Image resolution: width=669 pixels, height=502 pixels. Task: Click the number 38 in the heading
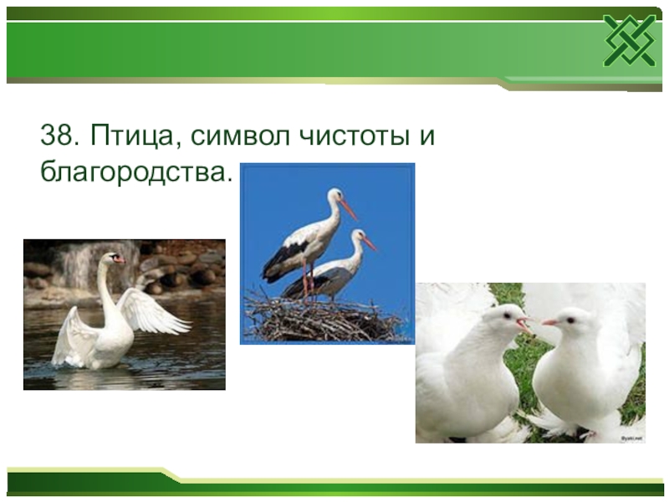pyautogui.click(x=55, y=135)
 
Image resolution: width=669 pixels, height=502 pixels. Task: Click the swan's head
pyautogui.click(x=111, y=258)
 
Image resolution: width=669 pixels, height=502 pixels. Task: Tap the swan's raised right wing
pyautogui.click(x=155, y=310)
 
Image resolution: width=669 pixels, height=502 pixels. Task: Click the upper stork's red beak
pyautogui.click(x=349, y=209)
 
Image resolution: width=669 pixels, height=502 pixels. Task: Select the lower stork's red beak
pyautogui.click(x=369, y=243)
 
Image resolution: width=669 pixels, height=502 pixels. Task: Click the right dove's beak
pyautogui.click(x=549, y=322)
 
